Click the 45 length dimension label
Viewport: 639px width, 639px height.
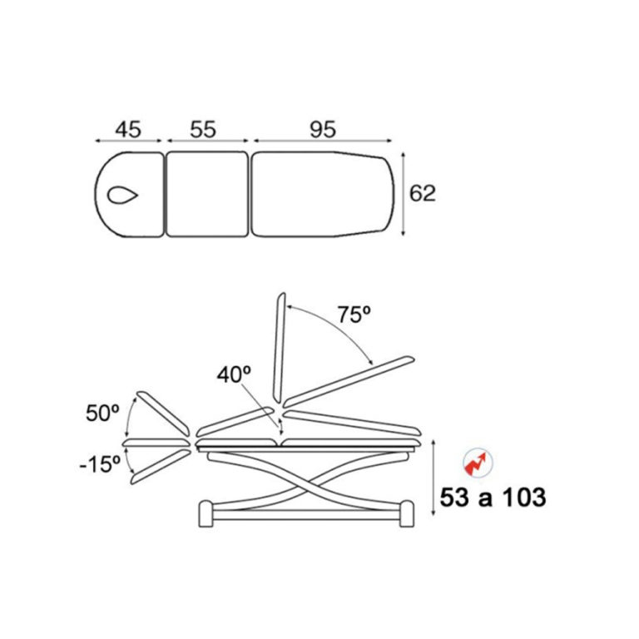coord(128,129)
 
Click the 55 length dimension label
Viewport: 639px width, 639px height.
coord(203,129)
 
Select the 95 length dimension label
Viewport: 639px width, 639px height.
coord(323,129)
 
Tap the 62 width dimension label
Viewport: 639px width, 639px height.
coord(422,193)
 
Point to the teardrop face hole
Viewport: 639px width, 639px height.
coord(122,196)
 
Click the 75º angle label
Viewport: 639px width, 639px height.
coord(354,315)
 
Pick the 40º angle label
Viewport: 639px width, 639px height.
coord(234,374)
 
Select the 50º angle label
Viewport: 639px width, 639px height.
coord(102,413)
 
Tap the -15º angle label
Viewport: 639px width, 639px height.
coord(100,464)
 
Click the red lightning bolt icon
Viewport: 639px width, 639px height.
coord(478,463)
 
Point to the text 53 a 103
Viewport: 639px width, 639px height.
coord(493,498)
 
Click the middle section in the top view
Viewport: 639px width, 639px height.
coord(207,194)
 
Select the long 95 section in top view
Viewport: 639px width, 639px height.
coord(323,194)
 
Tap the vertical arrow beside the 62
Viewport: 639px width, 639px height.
coord(403,194)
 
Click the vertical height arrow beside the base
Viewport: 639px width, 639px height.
coord(433,478)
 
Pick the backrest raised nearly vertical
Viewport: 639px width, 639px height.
coord(280,349)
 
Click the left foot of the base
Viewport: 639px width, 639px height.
coord(206,514)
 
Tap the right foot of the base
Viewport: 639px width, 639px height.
coord(407,514)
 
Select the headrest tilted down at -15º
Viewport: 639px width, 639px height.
coord(161,467)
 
